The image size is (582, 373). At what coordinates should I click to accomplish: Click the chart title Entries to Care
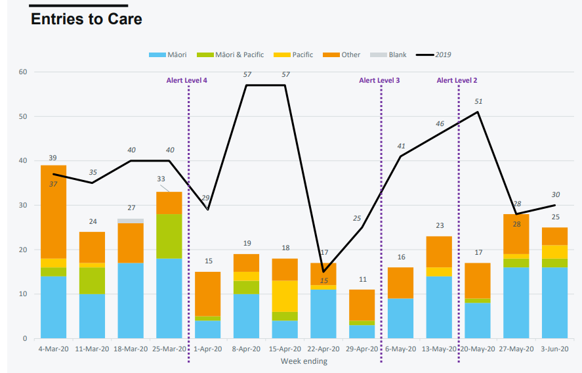(87, 19)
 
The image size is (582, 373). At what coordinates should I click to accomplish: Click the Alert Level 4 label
(187, 80)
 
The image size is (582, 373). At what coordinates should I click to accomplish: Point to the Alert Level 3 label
(379, 80)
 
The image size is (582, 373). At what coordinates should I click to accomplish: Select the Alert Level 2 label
(457, 80)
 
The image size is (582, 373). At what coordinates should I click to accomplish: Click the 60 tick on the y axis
(22, 72)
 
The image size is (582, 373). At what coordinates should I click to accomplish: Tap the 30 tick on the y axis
(22, 205)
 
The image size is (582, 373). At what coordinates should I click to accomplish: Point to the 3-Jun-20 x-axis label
(554, 349)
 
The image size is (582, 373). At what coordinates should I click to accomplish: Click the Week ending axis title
(304, 361)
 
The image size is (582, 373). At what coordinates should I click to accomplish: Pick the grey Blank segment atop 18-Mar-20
(131, 221)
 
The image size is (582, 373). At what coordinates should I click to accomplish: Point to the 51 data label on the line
(478, 102)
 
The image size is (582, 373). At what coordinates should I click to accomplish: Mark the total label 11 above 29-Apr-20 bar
(362, 279)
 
